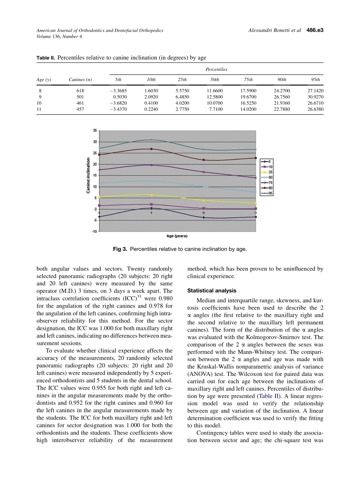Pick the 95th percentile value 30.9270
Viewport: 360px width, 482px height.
point(315,97)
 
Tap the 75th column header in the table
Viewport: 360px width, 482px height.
point(248,80)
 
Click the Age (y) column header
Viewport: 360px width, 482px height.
point(44,80)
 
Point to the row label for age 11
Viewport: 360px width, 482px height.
point(39,109)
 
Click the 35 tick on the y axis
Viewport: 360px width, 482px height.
point(95,130)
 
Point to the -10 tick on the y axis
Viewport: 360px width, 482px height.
point(94,232)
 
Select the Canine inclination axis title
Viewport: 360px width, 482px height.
point(88,175)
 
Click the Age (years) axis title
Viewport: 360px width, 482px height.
point(177,236)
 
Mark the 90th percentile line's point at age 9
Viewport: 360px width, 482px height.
point(152,149)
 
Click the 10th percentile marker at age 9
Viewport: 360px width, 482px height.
point(152,204)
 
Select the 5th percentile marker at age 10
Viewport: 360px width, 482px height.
point(203,218)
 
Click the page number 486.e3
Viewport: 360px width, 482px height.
point(313,30)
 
